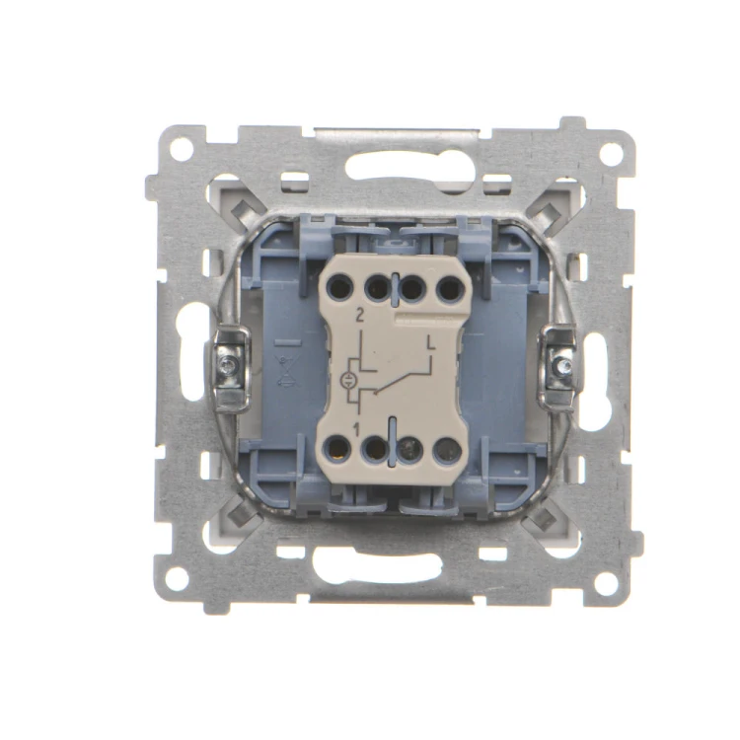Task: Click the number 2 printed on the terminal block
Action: [x=360, y=316]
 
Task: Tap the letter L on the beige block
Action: [x=430, y=341]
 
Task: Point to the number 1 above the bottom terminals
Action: [x=356, y=429]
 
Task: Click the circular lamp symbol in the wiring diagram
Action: [x=347, y=381]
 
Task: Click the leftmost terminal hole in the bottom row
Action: [x=337, y=448]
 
